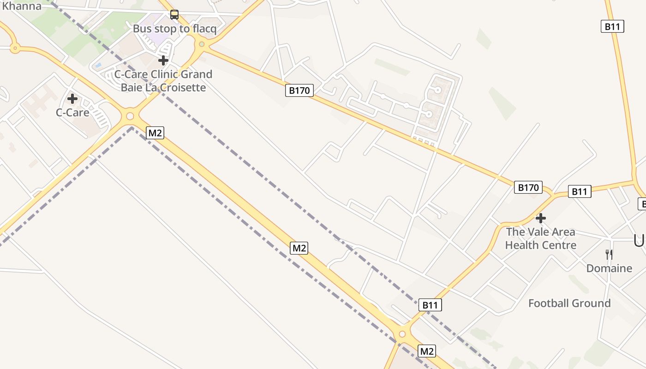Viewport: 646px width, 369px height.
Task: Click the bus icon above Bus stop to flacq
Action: pyautogui.click(x=174, y=15)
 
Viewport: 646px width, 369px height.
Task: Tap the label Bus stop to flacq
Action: pyautogui.click(x=174, y=29)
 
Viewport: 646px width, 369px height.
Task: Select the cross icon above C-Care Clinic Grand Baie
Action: pyautogui.click(x=163, y=60)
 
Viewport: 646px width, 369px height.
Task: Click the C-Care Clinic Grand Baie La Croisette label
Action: pyautogui.click(x=163, y=81)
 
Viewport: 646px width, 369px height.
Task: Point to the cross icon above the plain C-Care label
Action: pyautogui.click(x=72, y=98)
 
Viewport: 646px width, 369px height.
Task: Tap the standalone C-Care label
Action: pyautogui.click(x=72, y=112)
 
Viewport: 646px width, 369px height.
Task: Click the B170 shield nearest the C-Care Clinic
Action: pyautogui.click(x=299, y=90)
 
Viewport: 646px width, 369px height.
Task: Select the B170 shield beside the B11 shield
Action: pyautogui.click(x=528, y=187)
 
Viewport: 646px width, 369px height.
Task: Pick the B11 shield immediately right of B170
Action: pyautogui.click(x=579, y=191)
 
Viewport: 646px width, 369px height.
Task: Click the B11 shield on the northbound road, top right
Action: pyautogui.click(x=612, y=26)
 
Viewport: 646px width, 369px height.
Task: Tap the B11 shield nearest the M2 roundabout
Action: pyautogui.click(x=430, y=305)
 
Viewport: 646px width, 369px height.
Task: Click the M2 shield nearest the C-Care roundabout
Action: pyautogui.click(x=155, y=133)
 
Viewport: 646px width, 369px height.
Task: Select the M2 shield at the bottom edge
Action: pyautogui.click(x=426, y=351)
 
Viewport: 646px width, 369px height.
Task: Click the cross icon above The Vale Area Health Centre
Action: pyautogui.click(x=541, y=218)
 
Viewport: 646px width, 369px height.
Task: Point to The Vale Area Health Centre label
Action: pyautogui.click(x=541, y=238)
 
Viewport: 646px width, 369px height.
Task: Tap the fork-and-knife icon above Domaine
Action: pyautogui.click(x=609, y=254)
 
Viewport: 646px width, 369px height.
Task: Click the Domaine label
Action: pyautogui.click(x=609, y=268)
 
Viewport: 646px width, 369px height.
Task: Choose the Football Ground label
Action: pyautogui.click(x=569, y=303)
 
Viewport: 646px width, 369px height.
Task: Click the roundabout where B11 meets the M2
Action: pyautogui.click(x=402, y=333)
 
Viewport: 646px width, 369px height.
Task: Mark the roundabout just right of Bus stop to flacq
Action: pyautogui.click(x=202, y=45)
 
